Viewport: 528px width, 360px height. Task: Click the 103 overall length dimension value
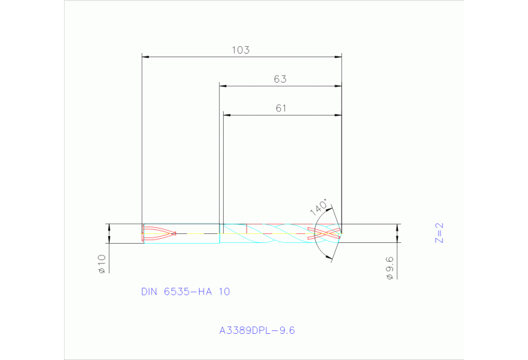click(240, 50)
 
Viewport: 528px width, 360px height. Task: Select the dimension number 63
click(279, 79)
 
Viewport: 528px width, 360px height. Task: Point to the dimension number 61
click(280, 108)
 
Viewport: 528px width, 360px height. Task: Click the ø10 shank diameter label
click(101, 264)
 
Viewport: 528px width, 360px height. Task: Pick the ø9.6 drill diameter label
click(390, 268)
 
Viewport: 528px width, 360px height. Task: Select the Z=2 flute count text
click(439, 233)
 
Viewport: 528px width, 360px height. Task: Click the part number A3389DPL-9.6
click(257, 331)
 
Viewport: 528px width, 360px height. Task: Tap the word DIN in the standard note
click(149, 291)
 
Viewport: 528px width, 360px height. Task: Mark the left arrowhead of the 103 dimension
click(145, 56)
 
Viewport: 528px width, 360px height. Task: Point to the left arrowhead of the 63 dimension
click(222, 86)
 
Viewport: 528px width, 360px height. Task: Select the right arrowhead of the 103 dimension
click(339, 56)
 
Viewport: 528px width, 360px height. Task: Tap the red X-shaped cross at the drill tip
click(326, 233)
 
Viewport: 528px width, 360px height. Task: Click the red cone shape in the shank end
click(158, 233)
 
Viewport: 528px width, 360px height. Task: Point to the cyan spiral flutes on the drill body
click(275, 233)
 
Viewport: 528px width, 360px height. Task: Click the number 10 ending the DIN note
click(224, 291)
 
